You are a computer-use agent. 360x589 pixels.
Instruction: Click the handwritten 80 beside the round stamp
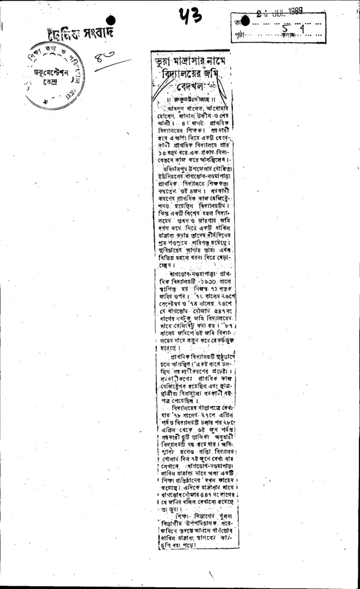106,56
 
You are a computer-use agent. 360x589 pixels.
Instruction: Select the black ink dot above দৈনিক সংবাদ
111,20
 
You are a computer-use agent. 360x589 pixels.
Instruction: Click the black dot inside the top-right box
245,22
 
